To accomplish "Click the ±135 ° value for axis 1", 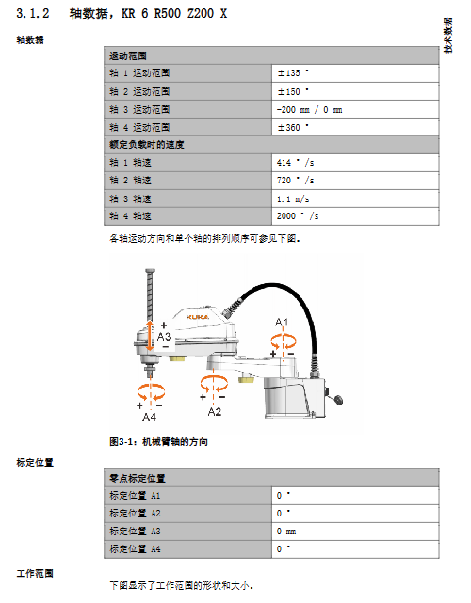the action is [293, 72].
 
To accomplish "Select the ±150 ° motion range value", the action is [293, 91].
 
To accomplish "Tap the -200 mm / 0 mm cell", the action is [309, 110].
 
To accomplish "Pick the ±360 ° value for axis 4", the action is [293, 127].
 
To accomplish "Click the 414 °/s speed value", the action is [296, 163].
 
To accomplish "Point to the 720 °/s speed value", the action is [296, 180].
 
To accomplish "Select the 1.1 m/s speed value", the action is [293, 198].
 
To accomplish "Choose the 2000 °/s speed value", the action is [298, 215].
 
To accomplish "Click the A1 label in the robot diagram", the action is [282, 323].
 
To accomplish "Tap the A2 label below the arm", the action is [215, 412].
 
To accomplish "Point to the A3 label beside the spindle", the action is [164, 337].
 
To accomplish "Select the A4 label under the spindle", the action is [149, 417].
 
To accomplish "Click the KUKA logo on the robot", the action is [198, 317].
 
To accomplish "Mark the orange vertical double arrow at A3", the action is [150, 336].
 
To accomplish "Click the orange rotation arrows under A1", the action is [284, 341].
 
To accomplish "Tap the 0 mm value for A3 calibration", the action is [286, 532].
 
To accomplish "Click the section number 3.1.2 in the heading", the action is [33, 14].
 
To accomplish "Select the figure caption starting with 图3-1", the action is [158, 441].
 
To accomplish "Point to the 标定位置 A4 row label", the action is [135, 548].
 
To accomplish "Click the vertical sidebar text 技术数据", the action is [447, 36].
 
